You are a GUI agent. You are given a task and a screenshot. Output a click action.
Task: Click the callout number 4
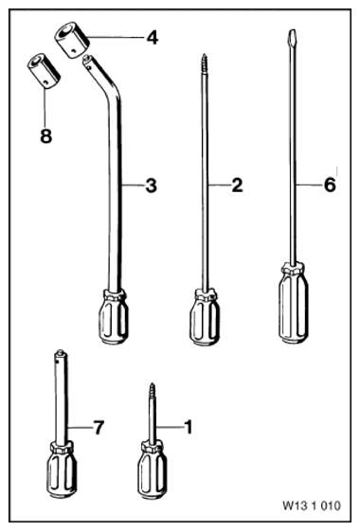tap(153, 38)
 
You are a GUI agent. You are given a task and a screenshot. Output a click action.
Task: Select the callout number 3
tap(152, 186)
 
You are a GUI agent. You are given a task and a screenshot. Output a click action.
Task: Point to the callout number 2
tap(237, 186)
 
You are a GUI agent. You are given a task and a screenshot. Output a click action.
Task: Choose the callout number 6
tap(330, 185)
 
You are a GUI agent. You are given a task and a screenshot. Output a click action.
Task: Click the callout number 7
tap(99, 428)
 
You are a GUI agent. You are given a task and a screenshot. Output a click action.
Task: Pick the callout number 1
tap(189, 427)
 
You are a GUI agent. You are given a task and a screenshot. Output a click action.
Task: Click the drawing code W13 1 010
tap(312, 505)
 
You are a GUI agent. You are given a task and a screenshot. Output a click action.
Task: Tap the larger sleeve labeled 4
tap(72, 40)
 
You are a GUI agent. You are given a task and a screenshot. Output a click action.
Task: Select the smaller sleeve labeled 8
tap(44, 71)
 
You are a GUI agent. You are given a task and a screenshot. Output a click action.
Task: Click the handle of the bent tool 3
tap(114, 316)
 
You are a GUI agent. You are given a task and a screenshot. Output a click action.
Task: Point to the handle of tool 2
tap(203, 317)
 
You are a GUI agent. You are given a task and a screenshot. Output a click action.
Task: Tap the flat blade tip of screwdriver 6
tap(291, 36)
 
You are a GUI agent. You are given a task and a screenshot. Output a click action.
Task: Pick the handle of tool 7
tap(62, 469)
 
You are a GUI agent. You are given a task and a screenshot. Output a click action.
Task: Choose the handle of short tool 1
tap(153, 470)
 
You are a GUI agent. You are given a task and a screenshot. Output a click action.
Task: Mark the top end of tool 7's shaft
tap(61, 351)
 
